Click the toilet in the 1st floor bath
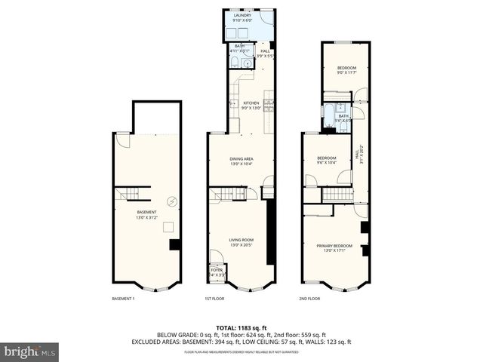click(x=235, y=64)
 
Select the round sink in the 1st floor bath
click(x=245, y=65)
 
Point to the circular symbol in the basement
click(x=172, y=201)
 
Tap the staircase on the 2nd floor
click(x=337, y=195)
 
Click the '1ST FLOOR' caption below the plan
click(x=215, y=299)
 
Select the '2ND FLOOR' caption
click(x=309, y=299)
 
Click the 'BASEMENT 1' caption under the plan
click(x=123, y=299)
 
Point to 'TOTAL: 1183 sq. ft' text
click(x=241, y=327)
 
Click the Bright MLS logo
click(x=30, y=351)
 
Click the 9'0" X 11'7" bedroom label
click(x=346, y=70)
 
